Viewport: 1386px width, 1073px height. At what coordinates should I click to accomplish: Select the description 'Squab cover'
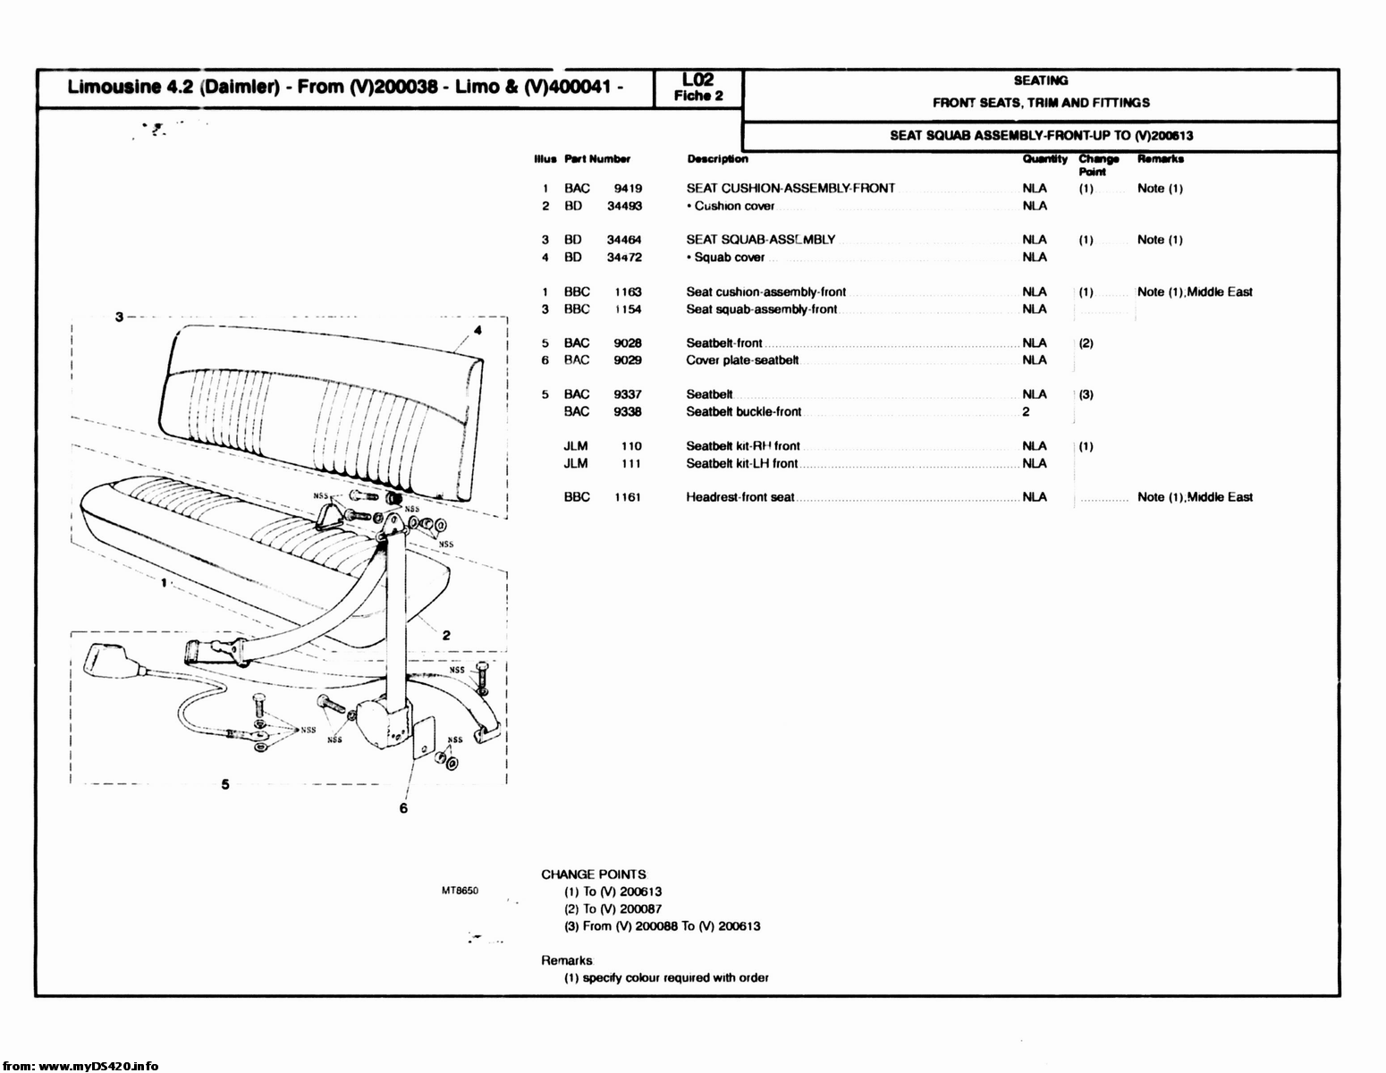click(x=729, y=258)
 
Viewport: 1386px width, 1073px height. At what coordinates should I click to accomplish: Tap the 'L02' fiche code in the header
click(x=697, y=80)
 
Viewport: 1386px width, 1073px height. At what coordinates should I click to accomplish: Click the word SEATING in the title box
click(x=1040, y=80)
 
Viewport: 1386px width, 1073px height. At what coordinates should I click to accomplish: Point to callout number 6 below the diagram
click(x=403, y=808)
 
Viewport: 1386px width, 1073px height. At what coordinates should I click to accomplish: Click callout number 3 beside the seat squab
click(x=118, y=316)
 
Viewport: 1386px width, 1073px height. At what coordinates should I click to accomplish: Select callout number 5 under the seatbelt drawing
click(x=225, y=784)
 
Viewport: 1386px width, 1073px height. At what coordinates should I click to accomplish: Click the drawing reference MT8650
click(x=461, y=891)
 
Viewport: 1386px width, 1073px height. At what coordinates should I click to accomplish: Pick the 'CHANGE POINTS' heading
click(x=593, y=874)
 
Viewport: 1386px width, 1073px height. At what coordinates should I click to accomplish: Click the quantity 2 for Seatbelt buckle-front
click(x=1026, y=412)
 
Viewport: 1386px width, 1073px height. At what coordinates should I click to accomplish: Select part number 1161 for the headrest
click(x=627, y=497)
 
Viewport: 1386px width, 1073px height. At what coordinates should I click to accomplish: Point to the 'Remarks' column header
click(x=1160, y=159)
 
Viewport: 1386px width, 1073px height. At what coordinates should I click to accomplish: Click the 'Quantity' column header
click(x=1044, y=159)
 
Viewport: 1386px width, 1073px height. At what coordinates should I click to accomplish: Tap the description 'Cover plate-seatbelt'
click(x=741, y=360)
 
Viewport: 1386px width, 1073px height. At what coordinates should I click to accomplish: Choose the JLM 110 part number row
click(x=604, y=446)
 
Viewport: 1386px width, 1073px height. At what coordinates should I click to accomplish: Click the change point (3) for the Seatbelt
click(x=1086, y=394)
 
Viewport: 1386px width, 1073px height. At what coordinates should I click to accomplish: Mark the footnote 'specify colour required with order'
click(x=666, y=977)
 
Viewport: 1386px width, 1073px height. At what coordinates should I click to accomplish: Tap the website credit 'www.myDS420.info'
click(x=98, y=1066)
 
